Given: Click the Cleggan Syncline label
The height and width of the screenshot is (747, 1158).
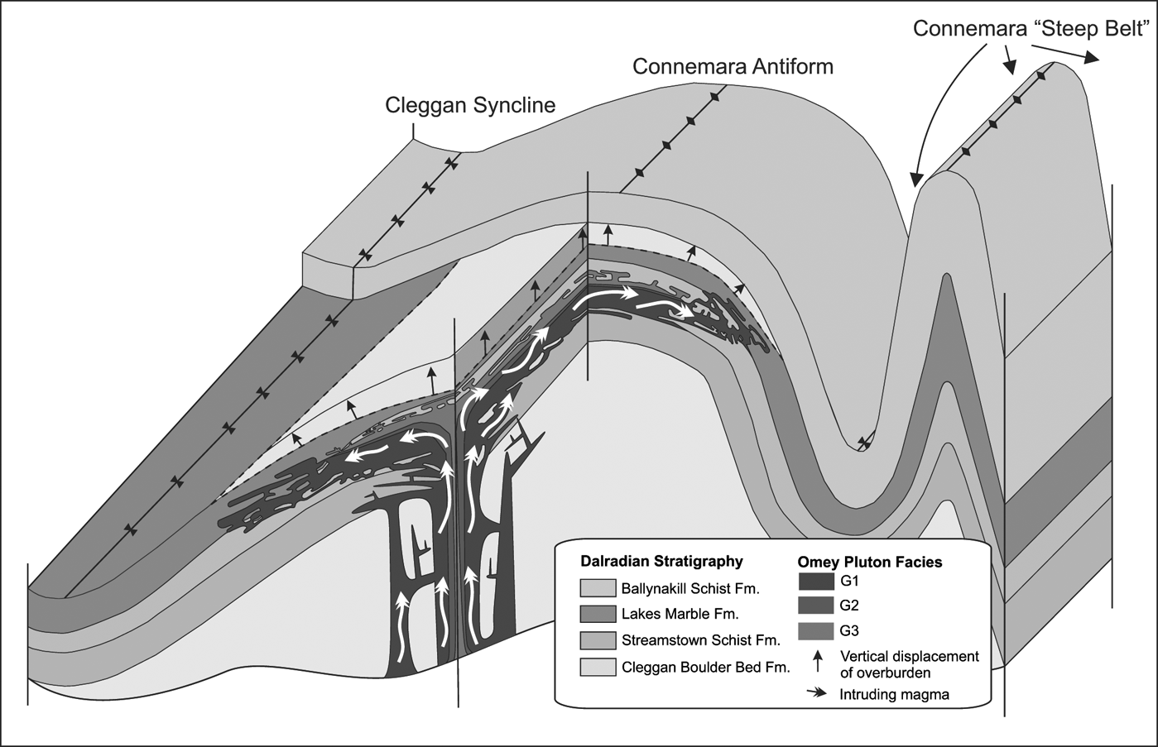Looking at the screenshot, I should (470, 106).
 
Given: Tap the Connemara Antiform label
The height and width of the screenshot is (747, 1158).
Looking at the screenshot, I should (733, 67).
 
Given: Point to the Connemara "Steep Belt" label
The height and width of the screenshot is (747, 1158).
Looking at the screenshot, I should (1031, 28).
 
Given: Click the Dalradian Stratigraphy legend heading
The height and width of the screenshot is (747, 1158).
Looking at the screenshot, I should (661, 562).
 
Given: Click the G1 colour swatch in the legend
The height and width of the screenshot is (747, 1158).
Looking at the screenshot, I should (816, 582).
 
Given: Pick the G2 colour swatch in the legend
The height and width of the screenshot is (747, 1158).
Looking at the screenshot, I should (816, 606).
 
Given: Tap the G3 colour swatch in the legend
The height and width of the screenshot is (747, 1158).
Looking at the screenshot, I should (816, 631).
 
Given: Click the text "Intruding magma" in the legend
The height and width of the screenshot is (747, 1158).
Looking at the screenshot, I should (894, 694).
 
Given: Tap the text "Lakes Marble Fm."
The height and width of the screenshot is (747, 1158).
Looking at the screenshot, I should (680, 614).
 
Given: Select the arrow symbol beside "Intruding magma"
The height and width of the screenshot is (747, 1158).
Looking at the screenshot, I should (817, 693).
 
